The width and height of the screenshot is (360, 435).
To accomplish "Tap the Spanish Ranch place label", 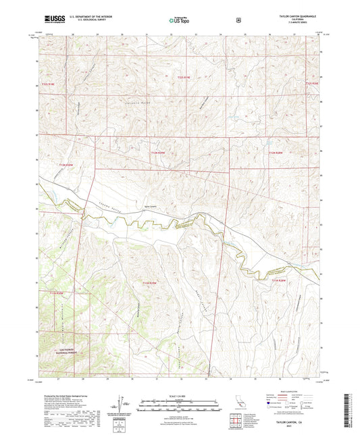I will pos(152,209).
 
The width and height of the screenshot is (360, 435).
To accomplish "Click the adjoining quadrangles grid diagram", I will pos(234,424).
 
